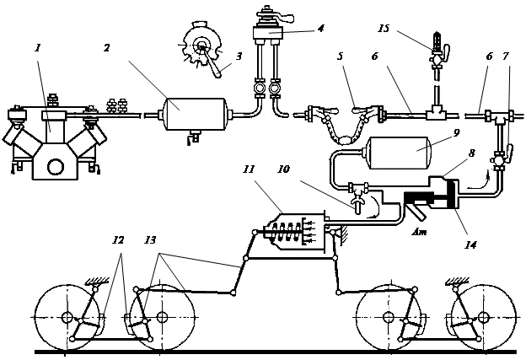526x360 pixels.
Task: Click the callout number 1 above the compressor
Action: (x=38, y=48)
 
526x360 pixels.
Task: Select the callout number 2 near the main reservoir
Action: (x=107, y=48)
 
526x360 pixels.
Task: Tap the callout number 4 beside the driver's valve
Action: (x=321, y=28)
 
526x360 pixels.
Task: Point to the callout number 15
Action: (x=383, y=29)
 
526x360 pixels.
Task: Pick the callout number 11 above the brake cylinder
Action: (x=249, y=169)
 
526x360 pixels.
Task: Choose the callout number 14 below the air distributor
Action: (x=470, y=245)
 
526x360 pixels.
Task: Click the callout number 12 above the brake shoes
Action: (x=118, y=240)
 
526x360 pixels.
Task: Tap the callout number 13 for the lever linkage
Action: (x=150, y=240)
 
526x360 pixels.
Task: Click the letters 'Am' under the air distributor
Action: (x=419, y=231)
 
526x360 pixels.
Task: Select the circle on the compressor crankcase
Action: (x=56, y=167)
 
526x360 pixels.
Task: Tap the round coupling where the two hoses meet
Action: (x=342, y=140)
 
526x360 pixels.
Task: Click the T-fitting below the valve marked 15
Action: (x=436, y=115)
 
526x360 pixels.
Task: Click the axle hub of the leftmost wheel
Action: (x=67, y=317)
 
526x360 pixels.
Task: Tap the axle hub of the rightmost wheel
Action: (x=483, y=317)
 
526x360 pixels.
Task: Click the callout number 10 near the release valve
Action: (x=283, y=169)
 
